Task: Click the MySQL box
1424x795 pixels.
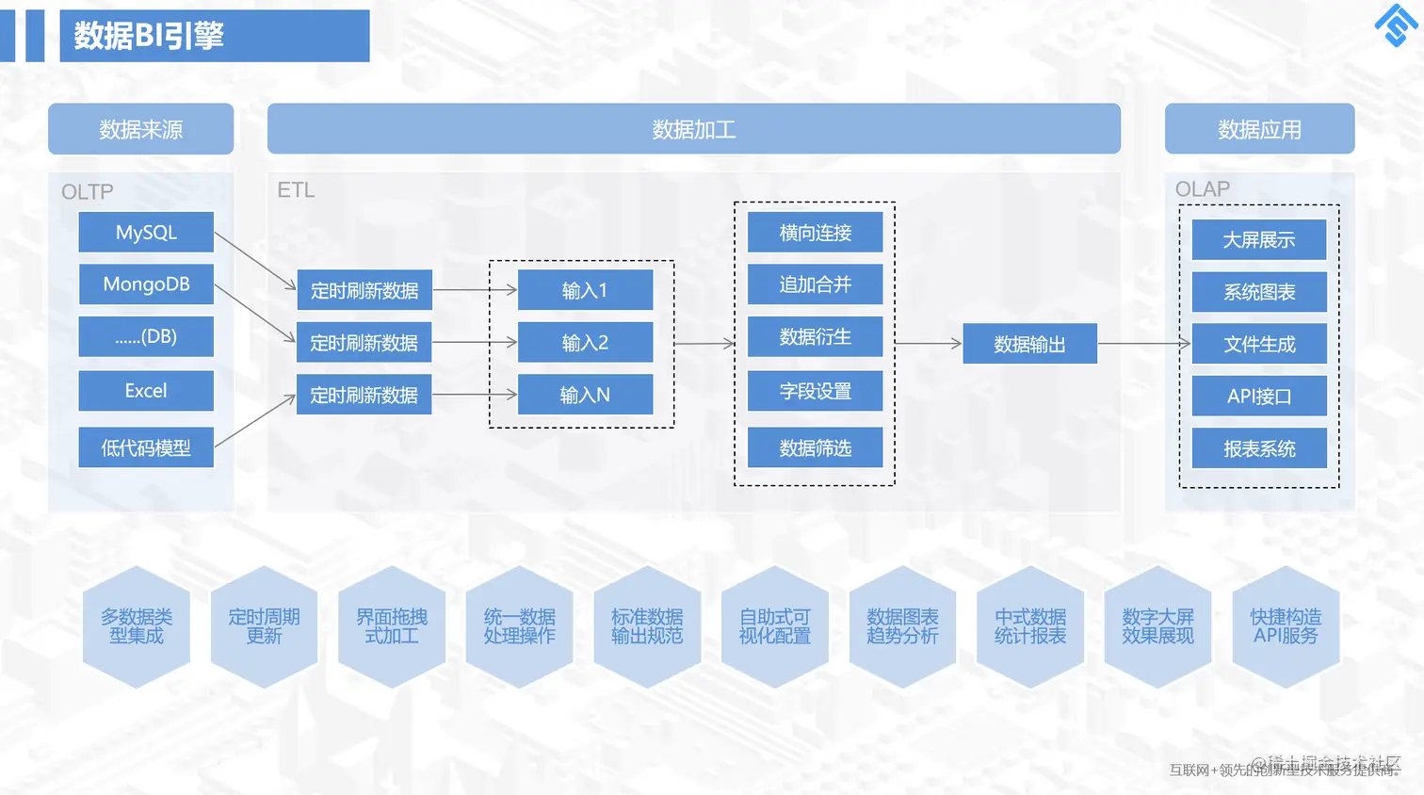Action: pyautogui.click(x=146, y=233)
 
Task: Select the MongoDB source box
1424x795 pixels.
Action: pyautogui.click(x=146, y=284)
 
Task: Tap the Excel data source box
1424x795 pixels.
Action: pyautogui.click(x=146, y=391)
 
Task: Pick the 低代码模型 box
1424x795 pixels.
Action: pyautogui.click(x=146, y=447)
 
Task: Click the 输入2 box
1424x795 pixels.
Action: pyautogui.click(x=585, y=343)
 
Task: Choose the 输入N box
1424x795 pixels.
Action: pyautogui.click(x=585, y=395)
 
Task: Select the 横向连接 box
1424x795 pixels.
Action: pyautogui.click(x=815, y=233)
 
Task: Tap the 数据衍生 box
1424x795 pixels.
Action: pyautogui.click(x=815, y=337)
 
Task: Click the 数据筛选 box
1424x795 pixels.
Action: pyautogui.click(x=815, y=448)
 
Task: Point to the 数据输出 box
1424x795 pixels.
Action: pyautogui.click(x=1029, y=345)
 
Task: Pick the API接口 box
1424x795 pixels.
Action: pyautogui.click(x=1258, y=397)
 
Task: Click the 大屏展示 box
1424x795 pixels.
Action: pyautogui.click(x=1258, y=240)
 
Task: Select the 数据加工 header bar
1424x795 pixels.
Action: pyautogui.click(x=693, y=129)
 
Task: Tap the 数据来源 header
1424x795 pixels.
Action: pyautogui.click(x=140, y=129)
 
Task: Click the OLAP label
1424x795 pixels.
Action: pyautogui.click(x=1202, y=189)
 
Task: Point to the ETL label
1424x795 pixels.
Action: pyautogui.click(x=296, y=190)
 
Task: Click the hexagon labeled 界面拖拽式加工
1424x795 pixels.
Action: pyautogui.click(x=392, y=626)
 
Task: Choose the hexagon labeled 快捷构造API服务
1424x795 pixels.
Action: pyautogui.click(x=1286, y=626)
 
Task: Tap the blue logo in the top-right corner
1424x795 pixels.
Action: pyautogui.click(x=1396, y=25)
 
